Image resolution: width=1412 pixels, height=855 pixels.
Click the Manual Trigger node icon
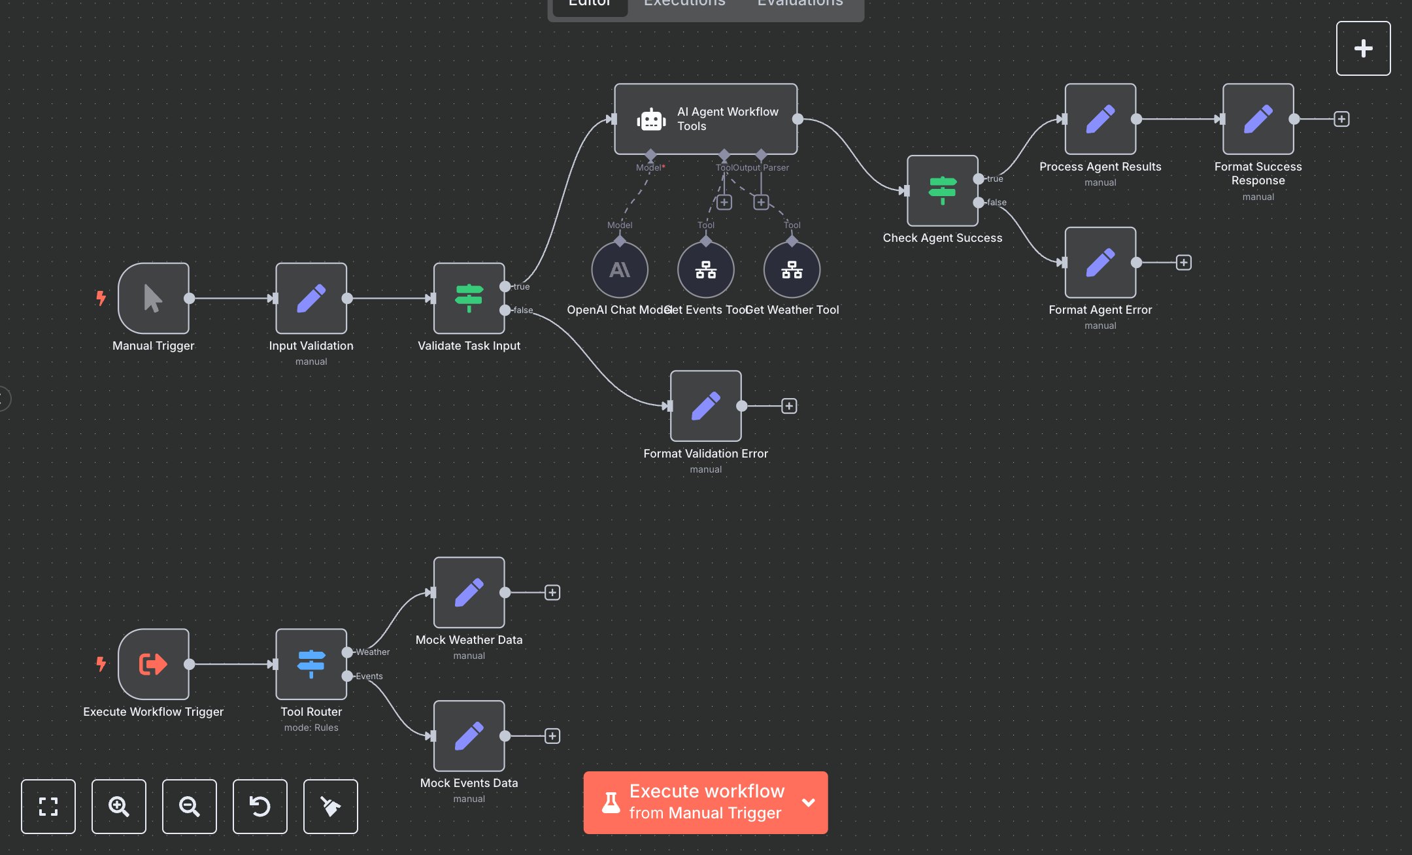pos(153,298)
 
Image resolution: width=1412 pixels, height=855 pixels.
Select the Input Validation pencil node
pos(311,298)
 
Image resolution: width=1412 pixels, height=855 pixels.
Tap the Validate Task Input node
pos(469,298)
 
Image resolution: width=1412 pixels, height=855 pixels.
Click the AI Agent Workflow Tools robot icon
pos(651,120)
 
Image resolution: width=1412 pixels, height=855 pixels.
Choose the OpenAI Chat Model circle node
pos(619,269)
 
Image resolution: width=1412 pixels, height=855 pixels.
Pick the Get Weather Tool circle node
pos(792,269)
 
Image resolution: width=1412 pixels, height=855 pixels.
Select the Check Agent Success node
pos(942,190)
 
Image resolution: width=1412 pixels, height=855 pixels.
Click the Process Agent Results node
pos(1100,119)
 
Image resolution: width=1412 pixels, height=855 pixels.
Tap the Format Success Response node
pos(1258,119)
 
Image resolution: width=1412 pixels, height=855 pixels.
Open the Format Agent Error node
pos(1100,262)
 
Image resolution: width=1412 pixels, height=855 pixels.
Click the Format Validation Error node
pos(705,406)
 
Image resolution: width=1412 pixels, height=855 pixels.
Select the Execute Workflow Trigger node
pos(153,664)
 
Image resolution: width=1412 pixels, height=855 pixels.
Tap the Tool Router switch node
pos(311,664)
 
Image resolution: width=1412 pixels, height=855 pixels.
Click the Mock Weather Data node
pos(469,592)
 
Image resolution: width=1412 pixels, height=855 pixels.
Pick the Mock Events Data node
pos(469,736)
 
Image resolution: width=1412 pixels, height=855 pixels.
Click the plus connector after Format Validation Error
pos(789,406)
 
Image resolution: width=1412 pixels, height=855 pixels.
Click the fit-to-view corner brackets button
pos(48,806)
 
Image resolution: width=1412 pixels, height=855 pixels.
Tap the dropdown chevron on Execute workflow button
pos(808,802)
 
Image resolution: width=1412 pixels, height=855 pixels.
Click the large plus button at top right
pos(1363,48)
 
